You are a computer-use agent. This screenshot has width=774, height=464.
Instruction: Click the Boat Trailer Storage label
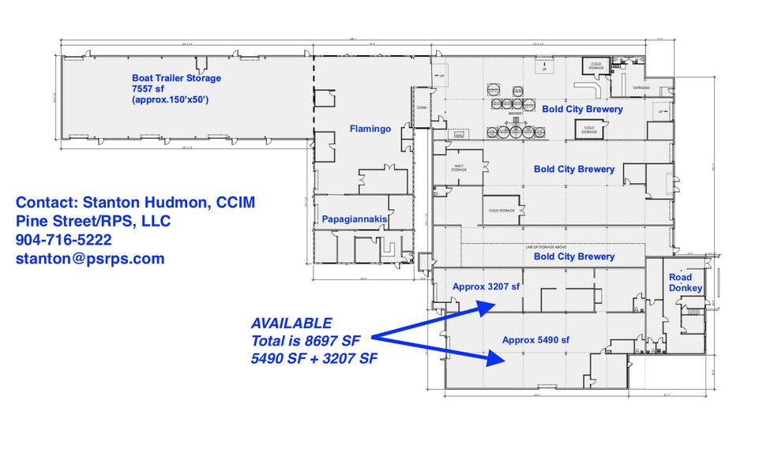pyautogui.click(x=176, y=78)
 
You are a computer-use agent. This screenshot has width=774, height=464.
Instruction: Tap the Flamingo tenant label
pyautogui.click(x=370, y=129)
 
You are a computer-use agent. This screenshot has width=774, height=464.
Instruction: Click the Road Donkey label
pyautogui.click(x=680, y=283)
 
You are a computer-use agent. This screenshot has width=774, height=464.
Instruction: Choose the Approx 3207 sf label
pyautogui.click(x=486, y=287)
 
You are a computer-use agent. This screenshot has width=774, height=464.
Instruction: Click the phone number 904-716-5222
pyautogui.click(x=63, y=239)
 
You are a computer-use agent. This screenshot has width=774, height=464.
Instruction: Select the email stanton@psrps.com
pyautogui.click(x=90, y=258)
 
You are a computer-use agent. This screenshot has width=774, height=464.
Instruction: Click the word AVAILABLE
pyautogui.click(x=291, y=324)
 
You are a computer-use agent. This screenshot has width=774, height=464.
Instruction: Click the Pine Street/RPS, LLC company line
pyautogui.click(x=95, y=220)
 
